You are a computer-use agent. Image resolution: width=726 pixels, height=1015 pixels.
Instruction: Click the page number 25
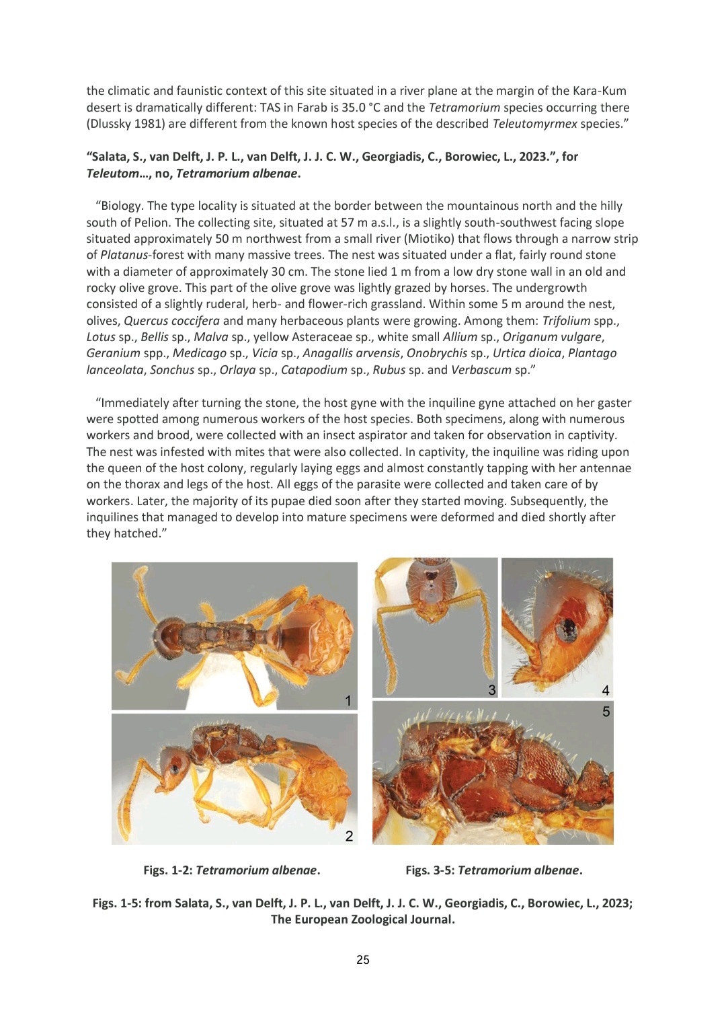[362, 960]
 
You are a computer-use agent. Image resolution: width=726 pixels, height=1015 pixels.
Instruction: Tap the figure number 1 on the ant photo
[348, 701]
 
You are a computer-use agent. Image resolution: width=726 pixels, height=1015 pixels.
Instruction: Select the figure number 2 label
[349, 836]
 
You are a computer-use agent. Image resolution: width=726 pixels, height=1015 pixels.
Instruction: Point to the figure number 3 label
[492, 689]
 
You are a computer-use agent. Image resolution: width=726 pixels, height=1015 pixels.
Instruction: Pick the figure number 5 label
[606, 711]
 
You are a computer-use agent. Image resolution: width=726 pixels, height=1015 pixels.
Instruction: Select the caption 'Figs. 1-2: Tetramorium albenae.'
[231, 870]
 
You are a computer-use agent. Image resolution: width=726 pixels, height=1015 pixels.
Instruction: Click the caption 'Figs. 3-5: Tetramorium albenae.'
[493, 870]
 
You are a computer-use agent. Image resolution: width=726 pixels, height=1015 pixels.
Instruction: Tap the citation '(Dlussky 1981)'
[123, 124]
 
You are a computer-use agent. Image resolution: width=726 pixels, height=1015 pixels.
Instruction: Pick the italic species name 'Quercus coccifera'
[171, 321]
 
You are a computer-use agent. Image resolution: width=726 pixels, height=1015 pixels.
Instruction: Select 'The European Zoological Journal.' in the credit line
[362, 919]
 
